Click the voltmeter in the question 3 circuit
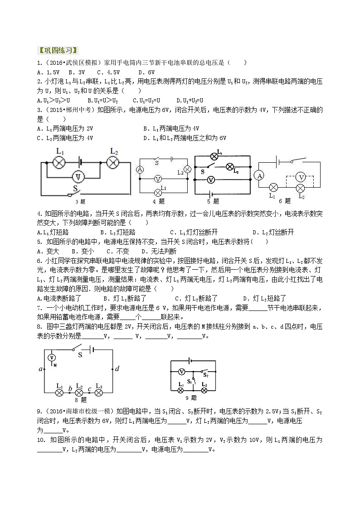(78, 176)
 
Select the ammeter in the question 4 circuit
(140, 170)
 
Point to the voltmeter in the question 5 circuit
(210, 180)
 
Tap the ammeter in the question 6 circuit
(259, 175)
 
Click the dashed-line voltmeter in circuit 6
(300, 176)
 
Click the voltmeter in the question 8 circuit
(52, 358)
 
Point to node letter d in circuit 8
(117, 368)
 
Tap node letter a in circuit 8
(41, 369)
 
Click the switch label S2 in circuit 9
(205, 374)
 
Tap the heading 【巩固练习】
(57, 50)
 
